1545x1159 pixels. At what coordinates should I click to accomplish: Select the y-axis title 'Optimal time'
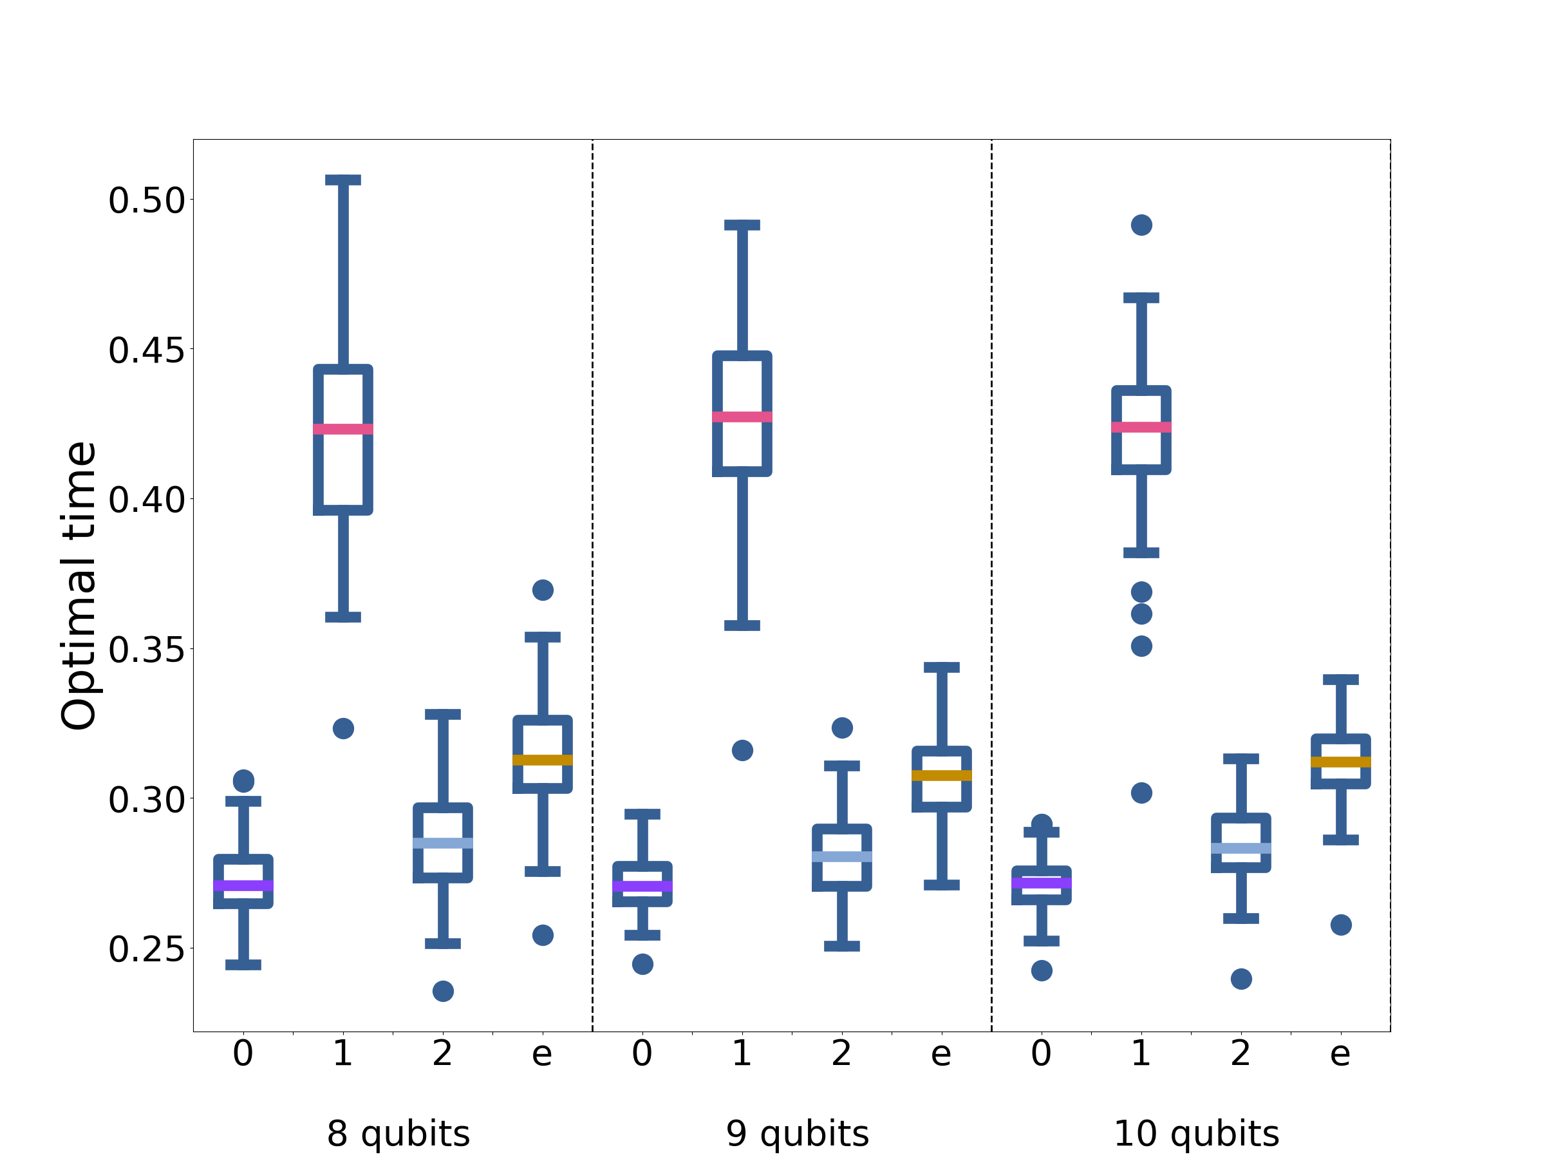pos(79,586)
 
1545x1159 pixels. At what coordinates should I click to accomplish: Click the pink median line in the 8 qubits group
pos(343,429)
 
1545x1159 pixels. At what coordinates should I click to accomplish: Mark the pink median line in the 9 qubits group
pos(742,417)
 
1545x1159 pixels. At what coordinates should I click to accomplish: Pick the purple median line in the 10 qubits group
pos(1042,883)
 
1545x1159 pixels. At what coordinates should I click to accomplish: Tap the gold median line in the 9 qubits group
pos(942,775)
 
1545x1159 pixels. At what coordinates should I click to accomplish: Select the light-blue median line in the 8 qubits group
pos(443,843)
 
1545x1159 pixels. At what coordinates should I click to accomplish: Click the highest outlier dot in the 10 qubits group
pos(1141,225)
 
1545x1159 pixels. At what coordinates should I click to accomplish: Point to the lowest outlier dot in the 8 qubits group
pos(443,992)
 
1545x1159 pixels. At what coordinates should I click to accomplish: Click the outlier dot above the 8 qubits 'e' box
pos(543,590)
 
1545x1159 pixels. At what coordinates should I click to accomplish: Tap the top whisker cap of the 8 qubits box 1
pos(343,180)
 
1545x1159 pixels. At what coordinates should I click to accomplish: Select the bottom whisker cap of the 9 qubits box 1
pos(742,625)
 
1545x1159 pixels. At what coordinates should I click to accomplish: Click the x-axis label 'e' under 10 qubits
pos(1340,1054)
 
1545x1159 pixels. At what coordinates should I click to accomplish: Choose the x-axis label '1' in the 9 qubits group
pos(742,1053)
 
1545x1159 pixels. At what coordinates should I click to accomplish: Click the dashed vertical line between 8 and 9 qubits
pos(592,585)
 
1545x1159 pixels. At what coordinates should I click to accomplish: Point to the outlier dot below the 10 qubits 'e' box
pos(1341,925)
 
